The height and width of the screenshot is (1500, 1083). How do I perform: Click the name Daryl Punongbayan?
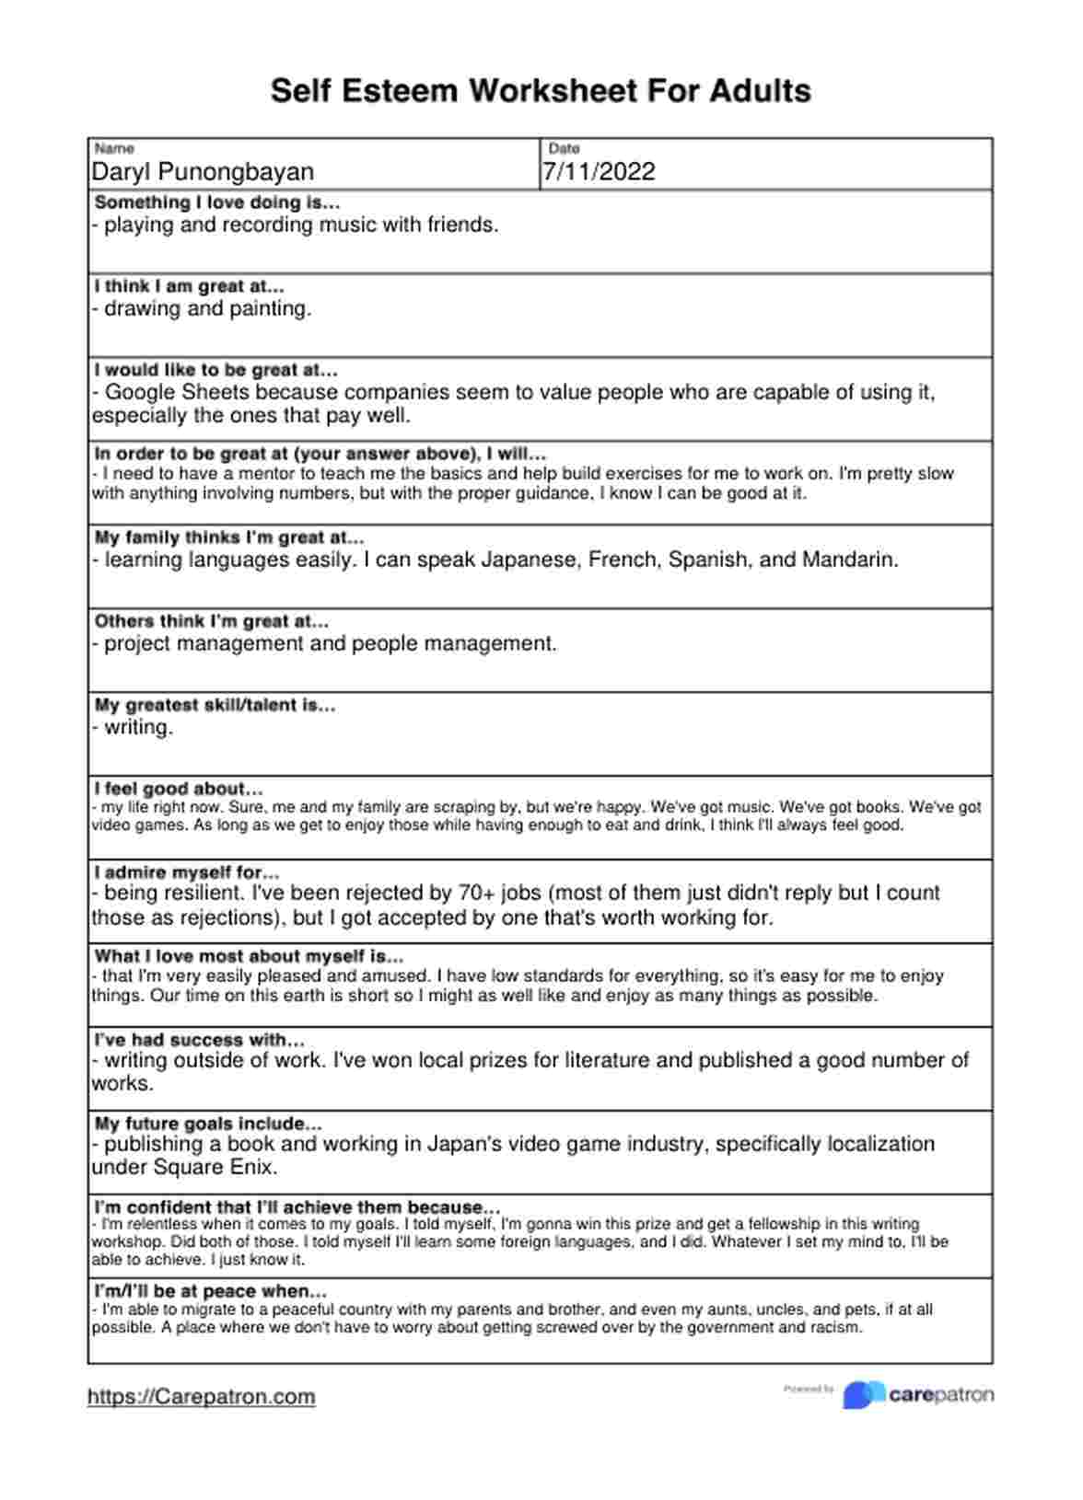pyautogui.click(x=203, y=172)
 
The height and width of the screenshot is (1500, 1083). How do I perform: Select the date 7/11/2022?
pyautogui.click(x=599, y=172)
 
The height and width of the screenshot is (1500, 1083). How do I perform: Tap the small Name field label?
pyautogui.click(x=115, y=148)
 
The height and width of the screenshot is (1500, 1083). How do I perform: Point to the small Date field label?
pyautogui.click(x=564, y=148)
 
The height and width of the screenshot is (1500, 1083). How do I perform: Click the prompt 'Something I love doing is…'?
pyautogui.click(x=217, y=202)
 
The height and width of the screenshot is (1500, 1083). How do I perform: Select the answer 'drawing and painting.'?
pyautogui.click(x=208, y=309)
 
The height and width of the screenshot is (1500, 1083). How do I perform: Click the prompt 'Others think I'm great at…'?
pyautogui.click(x=212, y=621)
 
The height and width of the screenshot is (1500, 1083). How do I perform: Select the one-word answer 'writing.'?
pyautogui.click(x=138, y=728)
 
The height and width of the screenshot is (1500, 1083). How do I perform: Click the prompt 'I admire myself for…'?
pyautogui.click(x=187, y=872)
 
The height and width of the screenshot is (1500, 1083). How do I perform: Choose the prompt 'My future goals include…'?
pyautogui.click(x=208, y=1124)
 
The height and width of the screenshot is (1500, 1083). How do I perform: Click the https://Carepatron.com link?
pyautogui.click(x=202, y=1397)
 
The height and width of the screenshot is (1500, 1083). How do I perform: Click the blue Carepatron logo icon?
pyautogui.click(x=863, y=1395)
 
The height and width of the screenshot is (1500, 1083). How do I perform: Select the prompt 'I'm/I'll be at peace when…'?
pyautogui.click(x=211, y=1291)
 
